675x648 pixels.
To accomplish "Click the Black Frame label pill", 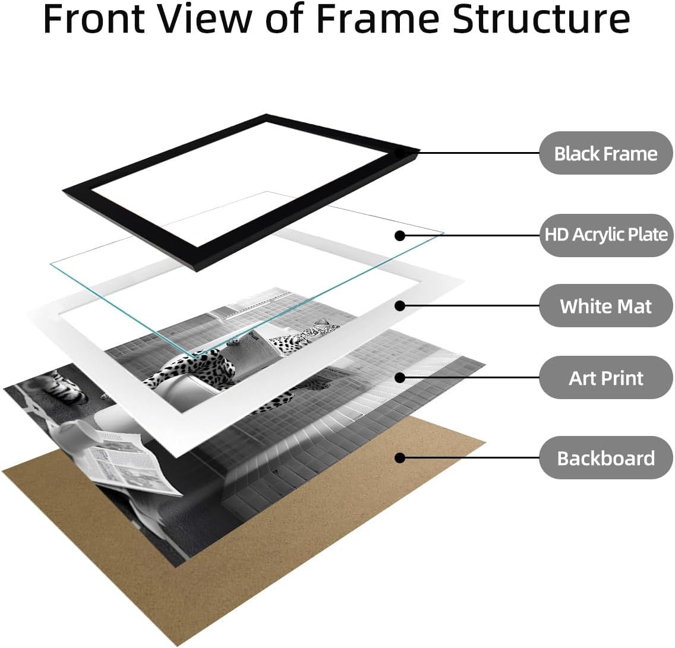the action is point(605,153).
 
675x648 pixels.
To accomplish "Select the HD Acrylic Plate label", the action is point(605,235).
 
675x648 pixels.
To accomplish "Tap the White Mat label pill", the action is point(605,306).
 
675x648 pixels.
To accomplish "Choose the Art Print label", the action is point(605,377).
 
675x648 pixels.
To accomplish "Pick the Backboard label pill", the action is point(605,457).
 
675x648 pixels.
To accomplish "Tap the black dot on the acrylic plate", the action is point(400,235).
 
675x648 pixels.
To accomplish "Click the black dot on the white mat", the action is point(400,306).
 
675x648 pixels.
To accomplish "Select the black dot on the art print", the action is point(400,377).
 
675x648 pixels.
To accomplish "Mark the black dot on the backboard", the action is point(400,457).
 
